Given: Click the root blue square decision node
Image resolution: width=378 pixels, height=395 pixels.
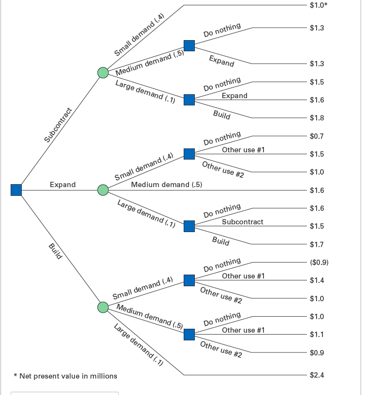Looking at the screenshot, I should tap(16, 190).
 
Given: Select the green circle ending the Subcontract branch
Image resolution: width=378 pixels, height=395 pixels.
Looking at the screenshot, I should tap(102, 73).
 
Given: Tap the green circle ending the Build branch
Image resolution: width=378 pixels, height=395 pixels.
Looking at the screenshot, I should tap(102, 307).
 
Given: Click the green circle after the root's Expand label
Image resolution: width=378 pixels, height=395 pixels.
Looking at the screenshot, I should tap(102, 190).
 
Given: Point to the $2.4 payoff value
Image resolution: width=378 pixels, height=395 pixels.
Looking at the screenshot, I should tap(317, 375).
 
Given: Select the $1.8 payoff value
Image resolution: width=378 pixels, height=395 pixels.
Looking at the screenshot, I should tap(317, 118).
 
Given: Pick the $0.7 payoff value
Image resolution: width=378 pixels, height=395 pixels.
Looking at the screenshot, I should tap(317, 136).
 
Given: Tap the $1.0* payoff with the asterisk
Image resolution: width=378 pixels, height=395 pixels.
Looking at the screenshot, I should tap(318, 5).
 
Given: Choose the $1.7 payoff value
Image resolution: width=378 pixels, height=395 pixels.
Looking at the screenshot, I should tap(317, 245).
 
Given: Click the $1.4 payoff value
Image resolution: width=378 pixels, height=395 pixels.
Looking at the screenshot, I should tap(317, 280).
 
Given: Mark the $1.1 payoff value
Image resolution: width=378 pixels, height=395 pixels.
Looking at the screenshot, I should tap(317, 334).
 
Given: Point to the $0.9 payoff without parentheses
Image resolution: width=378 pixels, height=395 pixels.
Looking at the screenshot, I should tap(317, 353).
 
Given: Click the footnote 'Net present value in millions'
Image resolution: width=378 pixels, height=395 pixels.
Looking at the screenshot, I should tap(65, 376).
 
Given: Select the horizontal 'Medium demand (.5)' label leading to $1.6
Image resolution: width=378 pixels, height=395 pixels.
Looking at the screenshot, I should tap(166, 185).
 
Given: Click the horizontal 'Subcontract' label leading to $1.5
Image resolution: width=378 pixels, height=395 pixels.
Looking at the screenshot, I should tap(242, 222).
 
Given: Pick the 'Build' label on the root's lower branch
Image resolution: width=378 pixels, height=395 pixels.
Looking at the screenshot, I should tap(56, 251).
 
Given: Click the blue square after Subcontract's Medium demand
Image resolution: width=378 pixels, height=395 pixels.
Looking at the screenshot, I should tap(189, 45).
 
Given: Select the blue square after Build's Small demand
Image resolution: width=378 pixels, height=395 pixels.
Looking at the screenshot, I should tap(189, 280).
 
